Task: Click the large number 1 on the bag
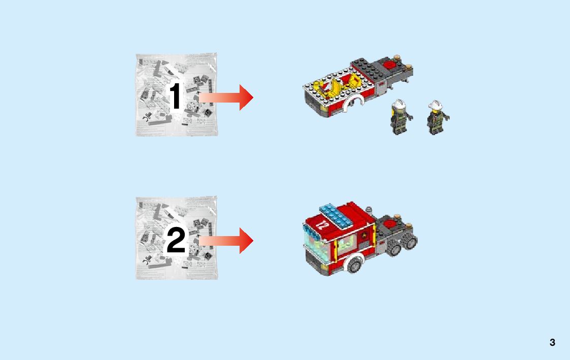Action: tap(176, 95)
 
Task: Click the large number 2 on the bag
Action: tap(176, 240)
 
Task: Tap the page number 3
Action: tap(552, 342)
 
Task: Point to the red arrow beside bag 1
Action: tap(226, 97)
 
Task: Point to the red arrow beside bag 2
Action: tap(226, 241)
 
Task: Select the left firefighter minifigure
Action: tap(400, 117)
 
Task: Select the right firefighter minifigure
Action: tap(437, 117)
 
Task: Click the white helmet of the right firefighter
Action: tap(435, 105)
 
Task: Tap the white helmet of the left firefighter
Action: tap(399, 104)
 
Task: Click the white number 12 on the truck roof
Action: tap(321, 224)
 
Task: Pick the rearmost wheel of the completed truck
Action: tap(411, 241)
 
